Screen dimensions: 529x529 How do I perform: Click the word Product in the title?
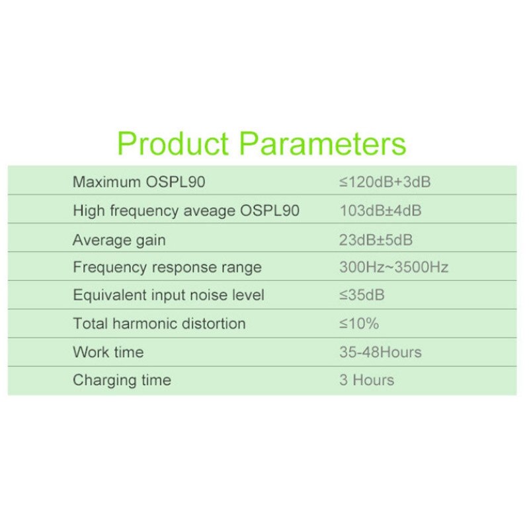tap(173, 143)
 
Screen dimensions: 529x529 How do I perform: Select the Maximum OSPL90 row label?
tap(143, 182)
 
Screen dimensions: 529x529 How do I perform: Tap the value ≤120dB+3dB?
tap(385, 182)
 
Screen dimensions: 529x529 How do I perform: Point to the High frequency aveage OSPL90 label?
tap(186, 211)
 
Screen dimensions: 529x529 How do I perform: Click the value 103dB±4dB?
tap(380, 211)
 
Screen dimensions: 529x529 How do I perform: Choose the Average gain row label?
tap(119, 239)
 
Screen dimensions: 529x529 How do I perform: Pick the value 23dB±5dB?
tap(376, 239)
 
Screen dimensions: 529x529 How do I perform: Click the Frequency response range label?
tap(167, 268)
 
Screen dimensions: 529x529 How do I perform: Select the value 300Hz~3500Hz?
tap(393, 268)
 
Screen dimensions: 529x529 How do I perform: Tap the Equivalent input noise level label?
tap(169, 296)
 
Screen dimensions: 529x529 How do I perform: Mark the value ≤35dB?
tap(362, 296)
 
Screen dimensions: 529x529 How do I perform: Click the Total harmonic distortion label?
tap(159, 324)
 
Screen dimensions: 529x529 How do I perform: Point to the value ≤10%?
tap(359, 324)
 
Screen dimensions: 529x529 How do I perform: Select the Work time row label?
tap(108, 352)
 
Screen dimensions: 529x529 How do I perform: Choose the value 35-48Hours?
tap(380, 352)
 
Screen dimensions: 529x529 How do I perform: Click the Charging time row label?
tap(122, 380)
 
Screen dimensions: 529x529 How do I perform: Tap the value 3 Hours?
tap(366, 380)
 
